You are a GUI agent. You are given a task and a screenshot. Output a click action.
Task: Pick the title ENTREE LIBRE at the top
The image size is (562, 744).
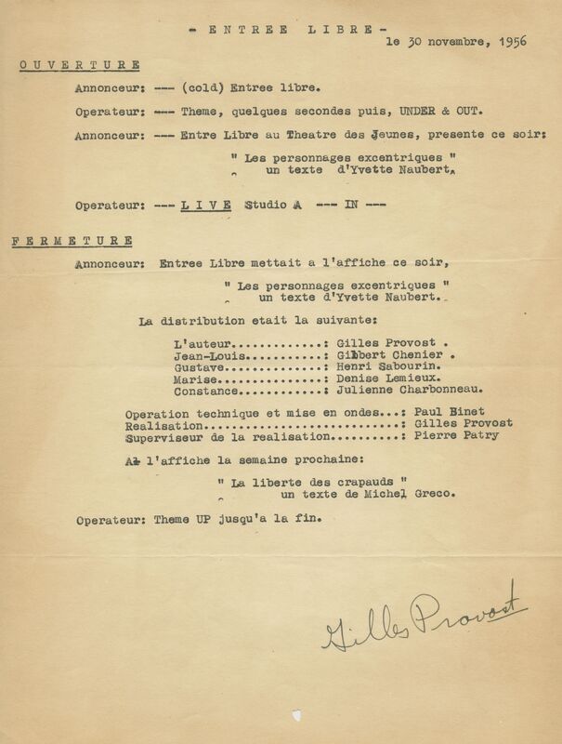pyautogui.click(x=275, y=30)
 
